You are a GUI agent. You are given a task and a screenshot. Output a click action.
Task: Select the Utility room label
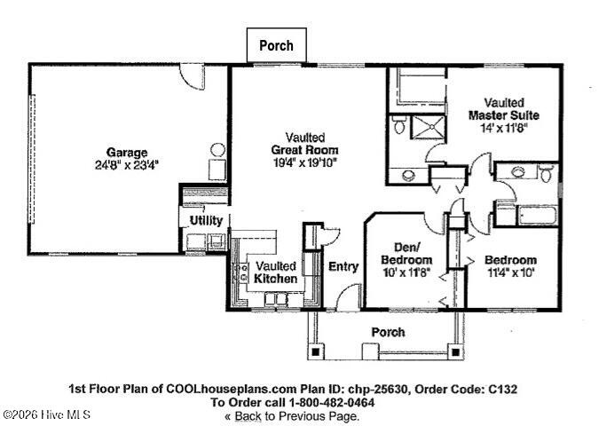(x=206, y=220)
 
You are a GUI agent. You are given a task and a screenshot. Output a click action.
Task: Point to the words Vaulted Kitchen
(x=275, y=272)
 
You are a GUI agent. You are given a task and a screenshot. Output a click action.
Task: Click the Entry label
(x=343, y=266)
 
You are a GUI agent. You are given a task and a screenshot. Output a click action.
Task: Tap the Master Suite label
(x=503, y=115)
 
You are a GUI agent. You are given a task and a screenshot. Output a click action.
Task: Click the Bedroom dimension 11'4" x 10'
(x=509, y=272)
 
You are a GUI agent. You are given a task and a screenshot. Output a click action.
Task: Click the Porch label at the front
(x=388, y=332)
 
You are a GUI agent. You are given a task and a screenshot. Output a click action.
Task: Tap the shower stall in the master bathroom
(x=429, y=127)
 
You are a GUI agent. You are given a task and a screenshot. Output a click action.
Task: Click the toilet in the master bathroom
(x=399, y=126)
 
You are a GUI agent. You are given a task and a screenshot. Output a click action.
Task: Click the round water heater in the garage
(x=217, y=150)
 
